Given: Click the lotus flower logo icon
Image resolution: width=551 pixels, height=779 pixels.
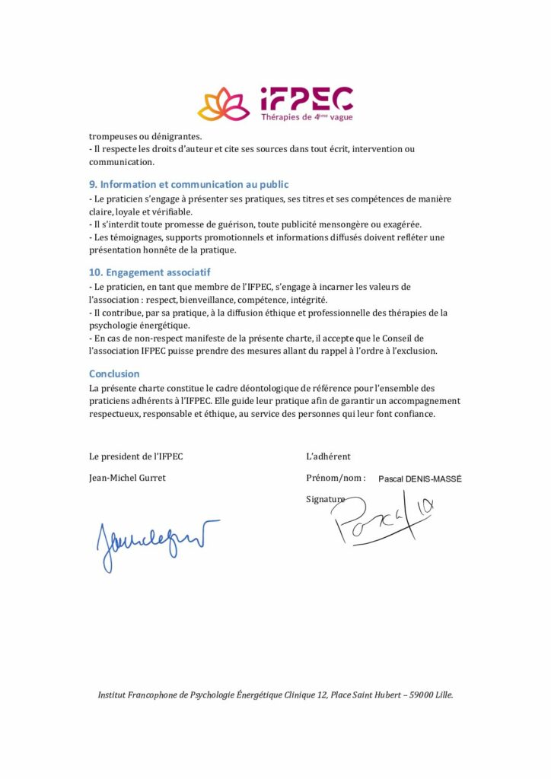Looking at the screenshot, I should (x=224, y=104).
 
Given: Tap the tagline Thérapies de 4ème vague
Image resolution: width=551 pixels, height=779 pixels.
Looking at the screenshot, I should (x=307, y=117).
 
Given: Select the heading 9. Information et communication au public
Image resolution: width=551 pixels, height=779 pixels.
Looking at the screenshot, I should (x=189, y=185).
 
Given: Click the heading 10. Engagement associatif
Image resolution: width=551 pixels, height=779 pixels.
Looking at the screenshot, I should (x=149, y=272).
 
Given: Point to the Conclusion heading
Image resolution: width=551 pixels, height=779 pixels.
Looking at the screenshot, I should (x=114, y=374).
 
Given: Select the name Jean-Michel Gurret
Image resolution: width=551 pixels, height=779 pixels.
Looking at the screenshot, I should (x=127, y=478).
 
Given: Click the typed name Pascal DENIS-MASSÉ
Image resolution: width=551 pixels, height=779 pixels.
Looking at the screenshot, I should (x=419, y=479).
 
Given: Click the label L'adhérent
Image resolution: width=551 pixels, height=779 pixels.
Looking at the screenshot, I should (x=328, y=456).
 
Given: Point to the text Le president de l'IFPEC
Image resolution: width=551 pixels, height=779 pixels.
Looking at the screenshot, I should (x=135, y=456).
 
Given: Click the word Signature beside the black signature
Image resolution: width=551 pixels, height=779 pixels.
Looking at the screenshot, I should (x=324, y=499).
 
